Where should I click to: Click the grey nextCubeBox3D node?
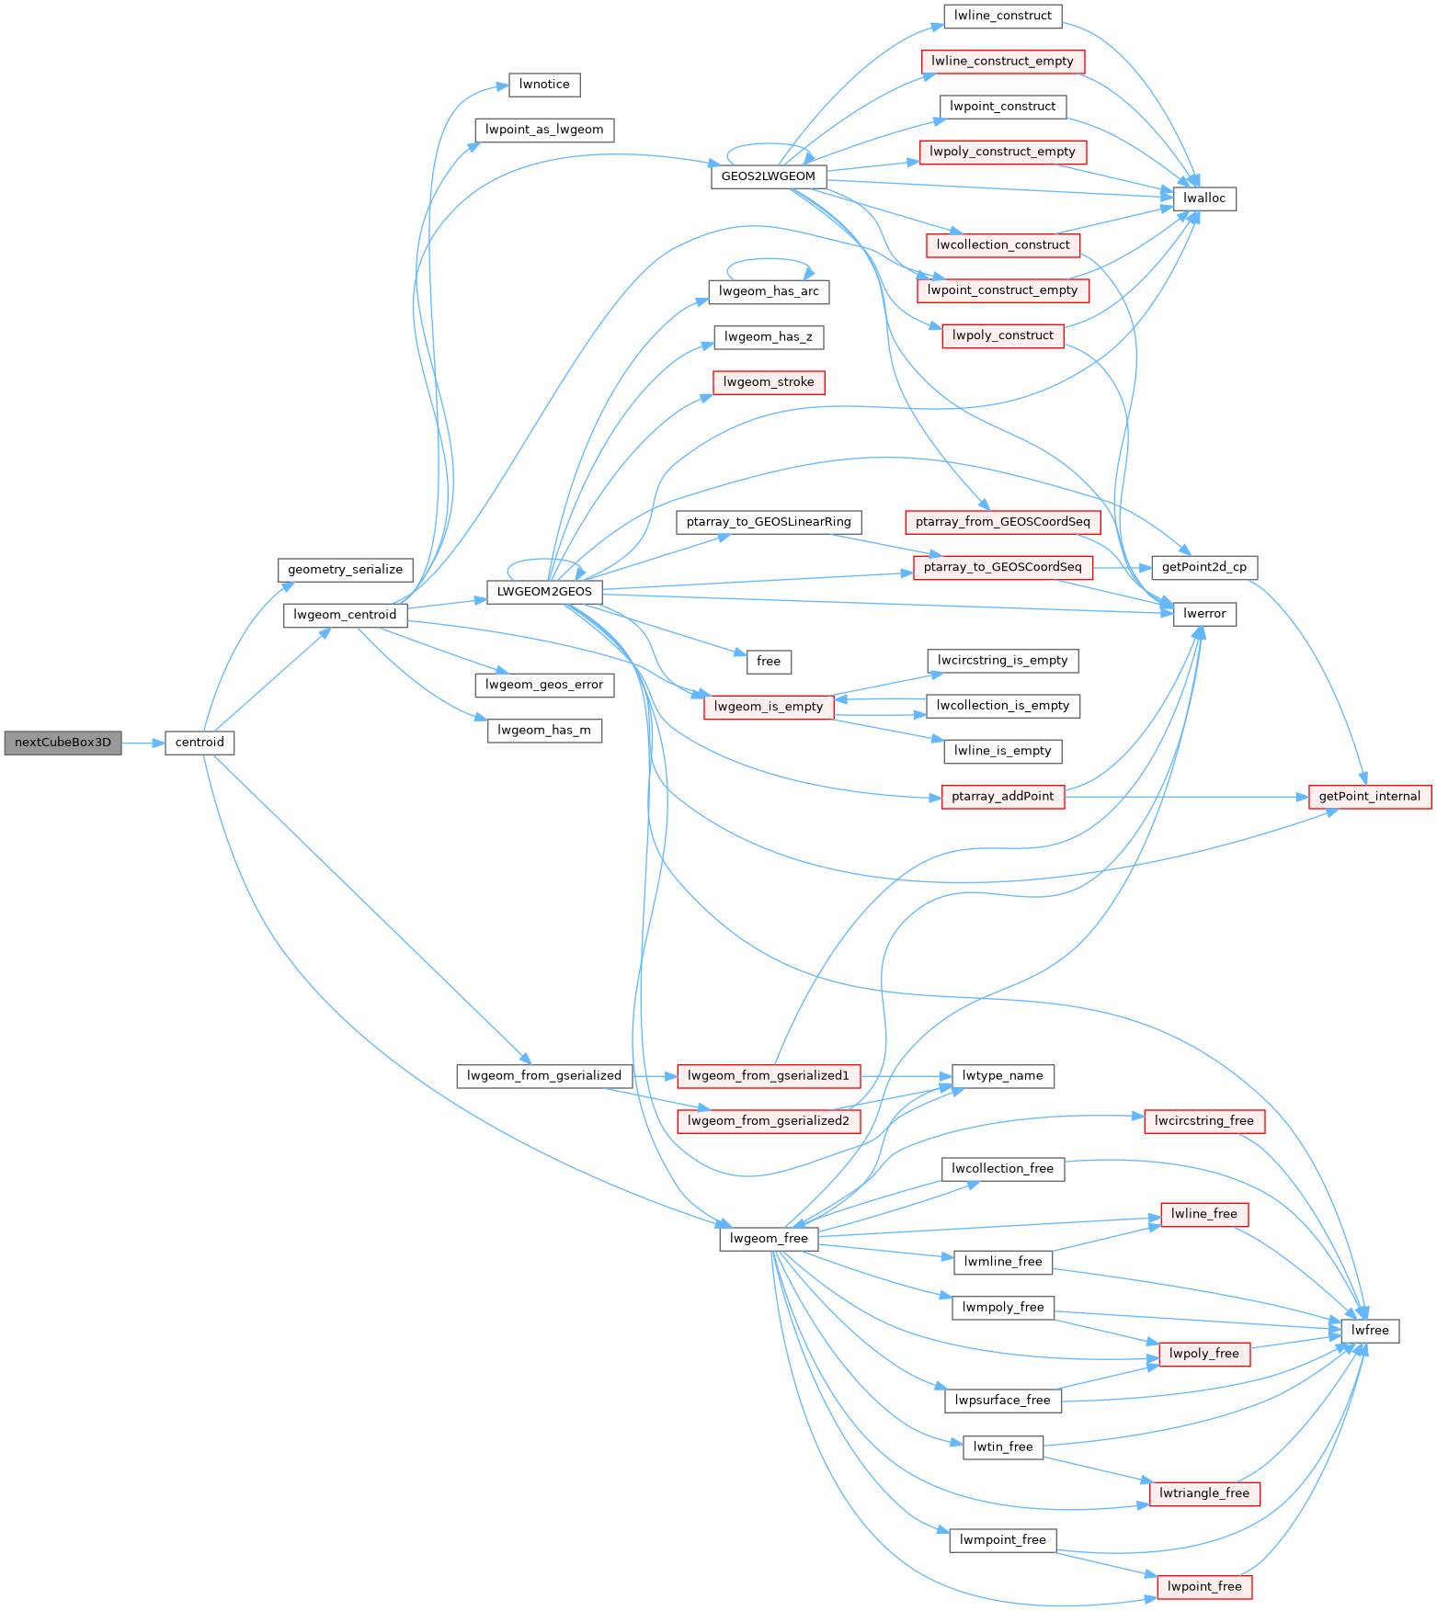point(63,743)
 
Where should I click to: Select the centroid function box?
point(200,743)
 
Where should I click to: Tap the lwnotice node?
point(544,85)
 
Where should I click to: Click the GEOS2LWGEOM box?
point(768,176)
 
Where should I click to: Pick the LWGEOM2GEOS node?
point(544,592)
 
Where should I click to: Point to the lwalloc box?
point(1204,199)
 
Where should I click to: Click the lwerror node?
point(1204,614)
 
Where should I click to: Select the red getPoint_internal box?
point(1369,797)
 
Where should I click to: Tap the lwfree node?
point(1370,1331)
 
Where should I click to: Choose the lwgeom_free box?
point(769,1239)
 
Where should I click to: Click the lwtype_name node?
point(1002,1076)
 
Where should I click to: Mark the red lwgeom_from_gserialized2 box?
point(769,1121)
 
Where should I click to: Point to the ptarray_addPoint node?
point(1002,797)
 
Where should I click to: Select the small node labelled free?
point(769,662)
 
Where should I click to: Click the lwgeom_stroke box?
point(769,382)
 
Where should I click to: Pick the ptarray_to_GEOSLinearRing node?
point(769,522)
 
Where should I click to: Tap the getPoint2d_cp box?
point(1203,567)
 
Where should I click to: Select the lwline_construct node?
point(1002,16)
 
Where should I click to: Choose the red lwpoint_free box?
point(1204,1587)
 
